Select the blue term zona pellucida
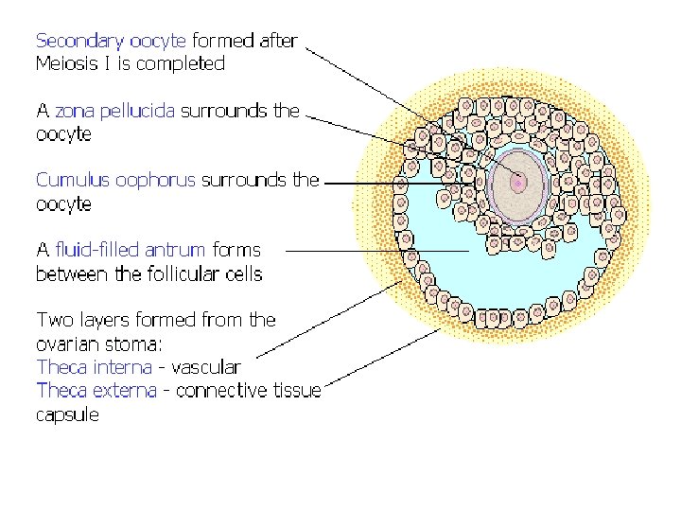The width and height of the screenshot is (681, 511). click(x=114, y=111)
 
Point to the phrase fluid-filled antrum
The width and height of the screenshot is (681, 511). click(x=131, y=250)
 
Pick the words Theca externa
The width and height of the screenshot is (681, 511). click(x=94, y=390)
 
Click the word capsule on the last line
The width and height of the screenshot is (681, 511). click(x=67, y=414)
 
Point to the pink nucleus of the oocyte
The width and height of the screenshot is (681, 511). click(x=518, y=182)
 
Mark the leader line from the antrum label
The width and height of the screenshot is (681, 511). click(x=378, y=251)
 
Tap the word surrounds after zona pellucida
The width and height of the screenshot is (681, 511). click(x=223, y=111)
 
